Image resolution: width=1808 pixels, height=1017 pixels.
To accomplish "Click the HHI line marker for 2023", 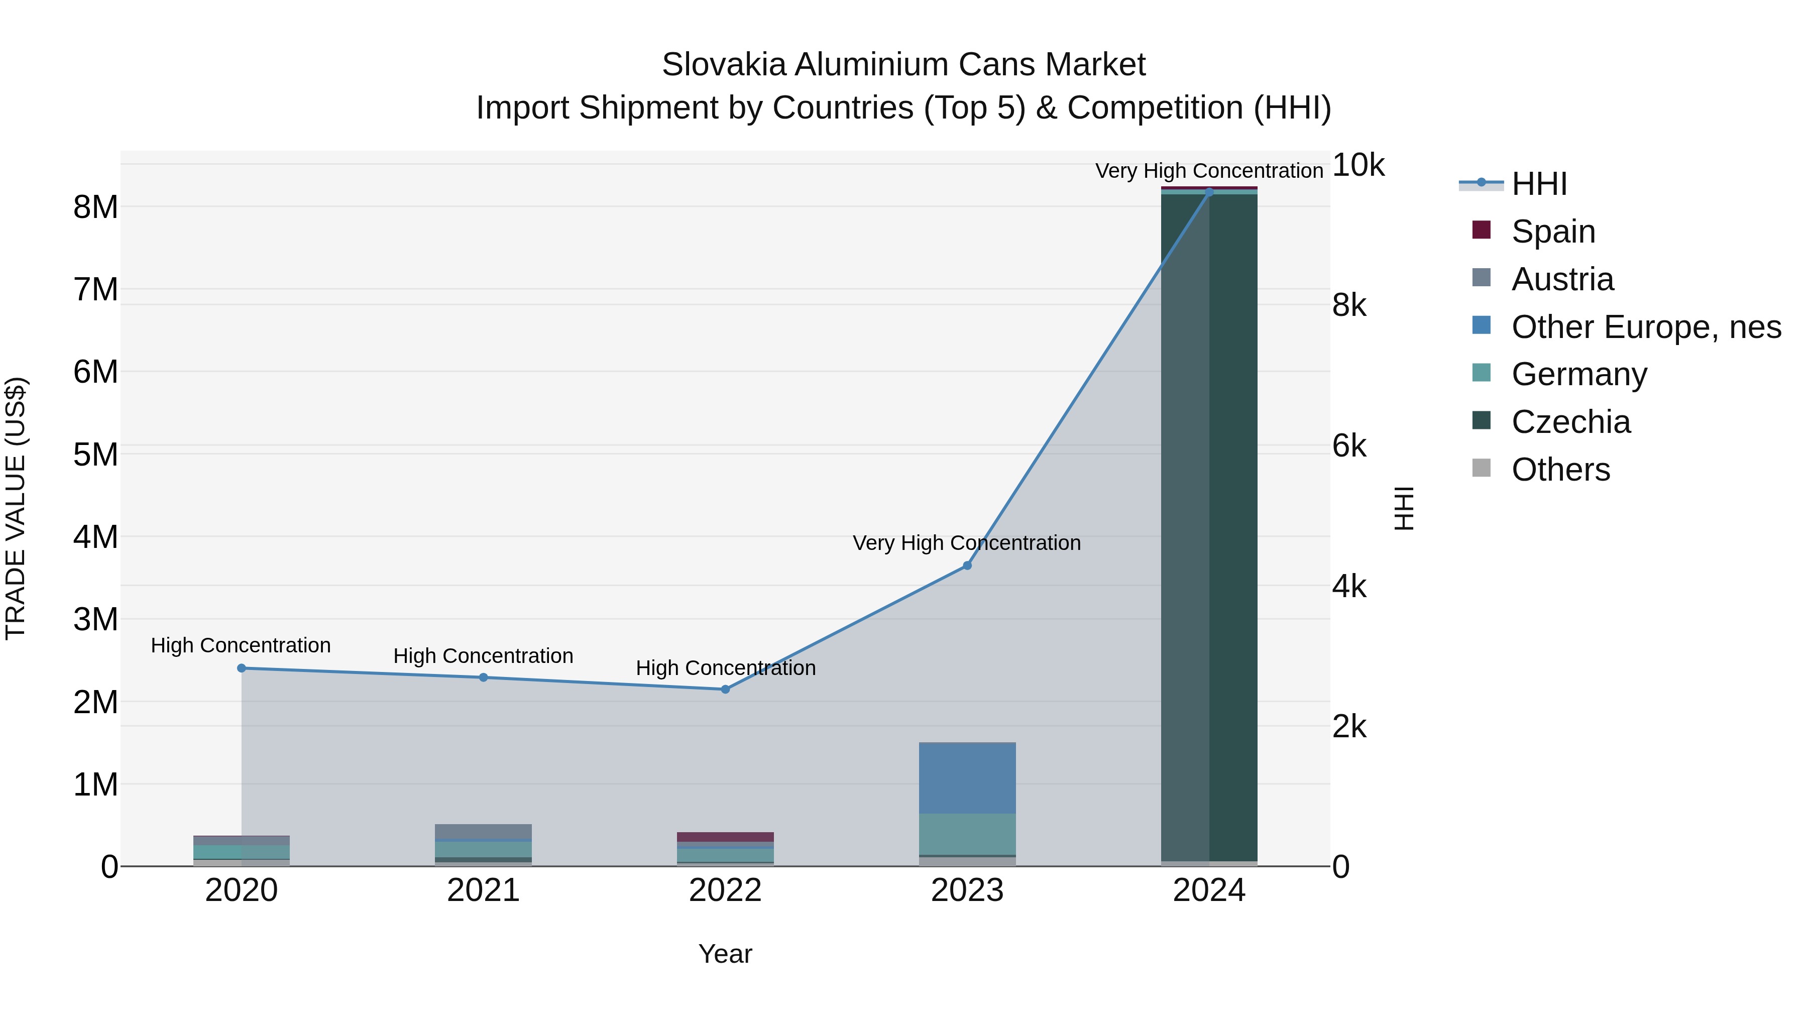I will (x=967, y=566).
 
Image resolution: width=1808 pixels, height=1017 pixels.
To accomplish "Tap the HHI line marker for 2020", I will (x=242, y=668).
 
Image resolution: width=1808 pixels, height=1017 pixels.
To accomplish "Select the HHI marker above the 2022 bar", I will (x=725, y=689).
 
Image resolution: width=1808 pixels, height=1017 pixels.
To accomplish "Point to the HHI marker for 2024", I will (x=1209, y=192).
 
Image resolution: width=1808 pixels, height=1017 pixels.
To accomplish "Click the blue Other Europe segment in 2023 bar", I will (x=967, y=777).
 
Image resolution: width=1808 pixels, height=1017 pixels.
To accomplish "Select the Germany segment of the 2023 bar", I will (x=967, y=834).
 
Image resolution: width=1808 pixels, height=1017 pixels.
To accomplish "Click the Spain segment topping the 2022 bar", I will (x=725, y=837).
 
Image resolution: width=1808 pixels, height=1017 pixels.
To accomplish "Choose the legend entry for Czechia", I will (x=1571, y=422).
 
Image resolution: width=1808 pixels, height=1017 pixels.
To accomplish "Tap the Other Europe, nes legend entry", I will (x=1646, y=327).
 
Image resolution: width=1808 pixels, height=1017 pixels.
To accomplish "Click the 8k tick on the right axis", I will (x=1349, y=305).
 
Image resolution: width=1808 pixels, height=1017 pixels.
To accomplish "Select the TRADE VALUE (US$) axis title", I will (x=16, y=508).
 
